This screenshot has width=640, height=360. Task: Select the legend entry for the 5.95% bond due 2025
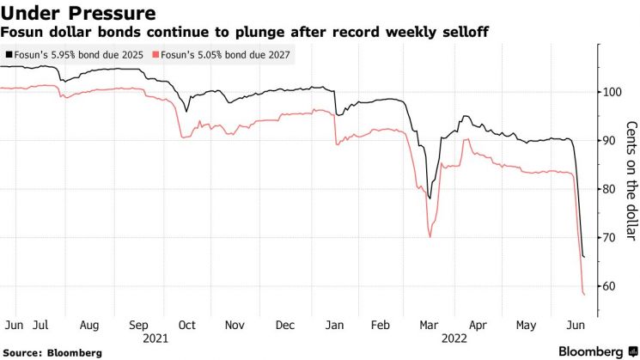76,54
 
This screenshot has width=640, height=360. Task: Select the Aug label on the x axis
89,326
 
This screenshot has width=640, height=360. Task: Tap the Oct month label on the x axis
187,326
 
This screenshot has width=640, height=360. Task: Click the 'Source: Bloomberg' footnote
53,352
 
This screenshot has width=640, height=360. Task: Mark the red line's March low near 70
430,237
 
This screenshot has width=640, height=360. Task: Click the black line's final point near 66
584,257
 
